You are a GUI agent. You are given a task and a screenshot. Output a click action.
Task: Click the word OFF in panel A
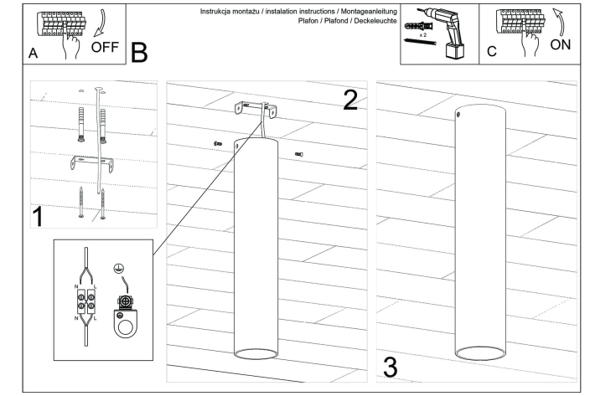(106, 46)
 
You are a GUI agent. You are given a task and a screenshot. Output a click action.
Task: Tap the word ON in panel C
(562, 44)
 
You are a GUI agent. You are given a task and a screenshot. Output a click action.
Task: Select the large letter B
(139, 52)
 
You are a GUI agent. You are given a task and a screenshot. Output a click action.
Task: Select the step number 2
(350, 100)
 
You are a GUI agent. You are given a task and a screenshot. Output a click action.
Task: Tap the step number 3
(391, 366)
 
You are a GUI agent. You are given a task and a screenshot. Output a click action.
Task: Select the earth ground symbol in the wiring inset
(119, 269)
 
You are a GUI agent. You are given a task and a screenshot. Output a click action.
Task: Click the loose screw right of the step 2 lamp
(298, 154)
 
